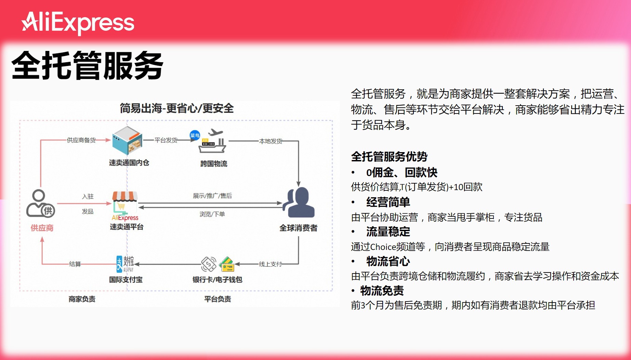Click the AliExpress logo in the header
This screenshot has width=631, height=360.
point(78,23)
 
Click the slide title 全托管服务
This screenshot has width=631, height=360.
point(88,65)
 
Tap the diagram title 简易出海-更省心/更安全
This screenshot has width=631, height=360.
point(176,108)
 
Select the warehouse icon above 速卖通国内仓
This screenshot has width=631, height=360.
point(127,141)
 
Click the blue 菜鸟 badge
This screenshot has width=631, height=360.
point(195,135)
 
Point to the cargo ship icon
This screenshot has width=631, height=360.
point(212,142)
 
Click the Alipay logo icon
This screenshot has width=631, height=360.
point(125,264)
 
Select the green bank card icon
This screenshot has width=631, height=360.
point(226,264)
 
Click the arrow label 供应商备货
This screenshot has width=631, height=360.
point(81,140)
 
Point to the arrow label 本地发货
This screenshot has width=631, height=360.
point(271,141)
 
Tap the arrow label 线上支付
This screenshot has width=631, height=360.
point(271,264)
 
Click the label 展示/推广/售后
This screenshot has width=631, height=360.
point(212,196)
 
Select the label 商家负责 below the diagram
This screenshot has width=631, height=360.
point(82,299)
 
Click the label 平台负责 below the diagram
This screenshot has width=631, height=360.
point(218,299)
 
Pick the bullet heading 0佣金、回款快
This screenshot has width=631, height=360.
point(402,173)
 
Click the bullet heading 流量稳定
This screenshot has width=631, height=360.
point(388,232)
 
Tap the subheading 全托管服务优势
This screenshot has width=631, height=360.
point(389,157)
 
